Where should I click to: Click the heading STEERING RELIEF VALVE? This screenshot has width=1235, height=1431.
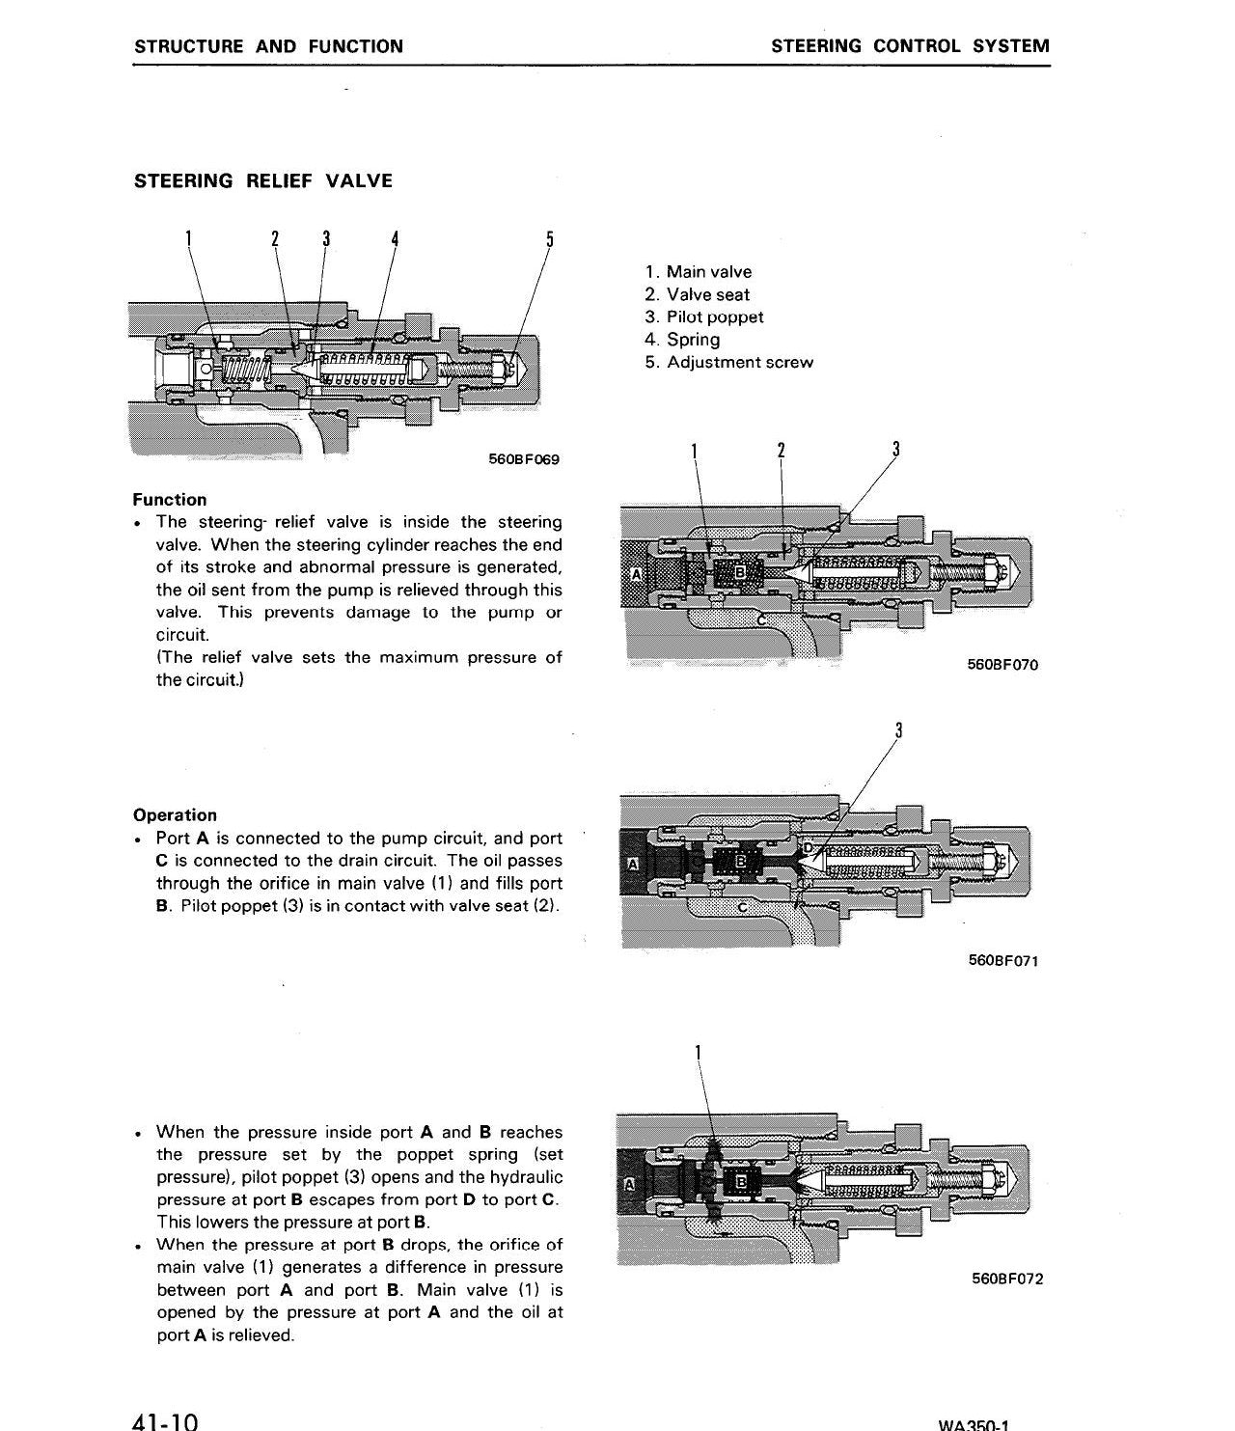(x=263, y=180)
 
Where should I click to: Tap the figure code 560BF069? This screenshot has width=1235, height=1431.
(x=523, y=459)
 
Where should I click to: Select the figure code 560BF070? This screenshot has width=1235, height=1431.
(x=1002, y=665)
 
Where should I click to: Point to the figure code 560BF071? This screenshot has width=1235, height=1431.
(x=1003, y=960)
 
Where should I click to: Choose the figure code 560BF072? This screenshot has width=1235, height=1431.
(x=1007, y=1279)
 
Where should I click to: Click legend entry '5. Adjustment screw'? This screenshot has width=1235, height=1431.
(x=729, y=362)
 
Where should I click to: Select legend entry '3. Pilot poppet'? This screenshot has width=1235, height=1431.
(x=704, y=317)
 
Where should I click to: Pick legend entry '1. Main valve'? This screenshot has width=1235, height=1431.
(x=699, y=272)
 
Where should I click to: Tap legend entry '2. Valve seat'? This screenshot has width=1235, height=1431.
(x=698, y=295)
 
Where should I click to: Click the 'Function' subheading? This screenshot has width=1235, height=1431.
(x=170, y=500)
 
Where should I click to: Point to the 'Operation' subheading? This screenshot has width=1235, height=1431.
(x=176, y=814)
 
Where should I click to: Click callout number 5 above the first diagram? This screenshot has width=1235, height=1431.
(x=550, y=239)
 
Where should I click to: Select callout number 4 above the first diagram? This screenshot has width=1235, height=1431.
(x=395, y=239)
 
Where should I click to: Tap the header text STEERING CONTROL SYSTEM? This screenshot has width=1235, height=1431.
(x=910, y=46)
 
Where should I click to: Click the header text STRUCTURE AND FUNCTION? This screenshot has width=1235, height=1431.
(x=268, y=46)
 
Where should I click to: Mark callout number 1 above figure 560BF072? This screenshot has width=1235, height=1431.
(x=698, y=1054)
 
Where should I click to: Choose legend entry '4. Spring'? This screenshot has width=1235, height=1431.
(x=682, y=340)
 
